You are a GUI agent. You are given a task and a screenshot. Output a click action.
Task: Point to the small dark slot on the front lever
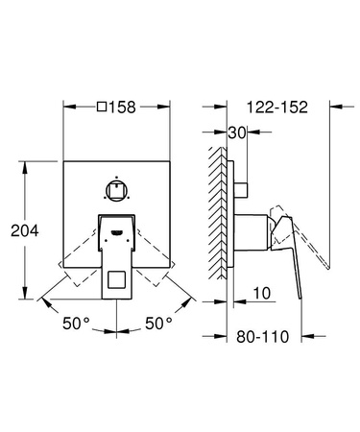pyautogui.click(x=116, y=231)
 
